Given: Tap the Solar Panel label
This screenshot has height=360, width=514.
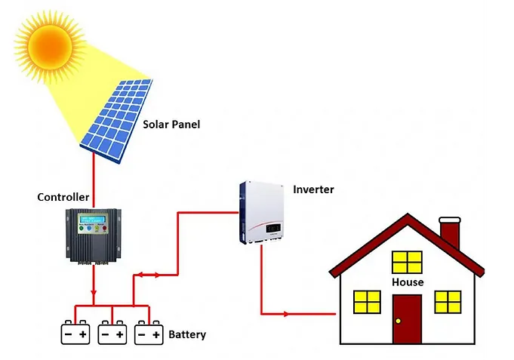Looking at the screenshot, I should click(171, 124).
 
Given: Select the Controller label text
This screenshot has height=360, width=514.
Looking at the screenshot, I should click(63, 198).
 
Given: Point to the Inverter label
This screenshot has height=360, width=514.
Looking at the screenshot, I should click(313, 189).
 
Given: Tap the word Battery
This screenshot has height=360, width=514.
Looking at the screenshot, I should click(187, 334).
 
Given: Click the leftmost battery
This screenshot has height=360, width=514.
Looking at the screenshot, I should click(75, 334).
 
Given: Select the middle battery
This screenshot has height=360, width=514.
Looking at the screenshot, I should click(112, 334).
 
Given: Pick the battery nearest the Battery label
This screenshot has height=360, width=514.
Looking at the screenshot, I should click(149, 334).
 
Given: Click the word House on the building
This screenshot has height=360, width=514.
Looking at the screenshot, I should click(408, 282).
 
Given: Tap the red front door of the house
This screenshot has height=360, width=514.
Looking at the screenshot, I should click(407, 318).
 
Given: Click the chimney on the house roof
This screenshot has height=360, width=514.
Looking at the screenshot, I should click(450, 233).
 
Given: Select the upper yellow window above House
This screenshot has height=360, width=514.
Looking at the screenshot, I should click(408, 262).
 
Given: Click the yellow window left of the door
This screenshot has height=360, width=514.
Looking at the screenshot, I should click(368, 302).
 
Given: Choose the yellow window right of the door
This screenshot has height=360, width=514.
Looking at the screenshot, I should click(448, 302).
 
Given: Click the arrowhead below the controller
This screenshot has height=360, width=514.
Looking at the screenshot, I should click(94, 294).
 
